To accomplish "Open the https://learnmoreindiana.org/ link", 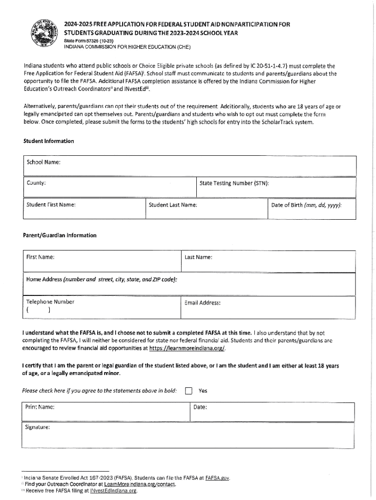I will coord(187,348).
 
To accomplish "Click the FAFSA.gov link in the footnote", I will coord(217,478).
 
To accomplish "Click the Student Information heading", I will coord(49,141).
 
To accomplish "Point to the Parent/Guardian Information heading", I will coord(60,235).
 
